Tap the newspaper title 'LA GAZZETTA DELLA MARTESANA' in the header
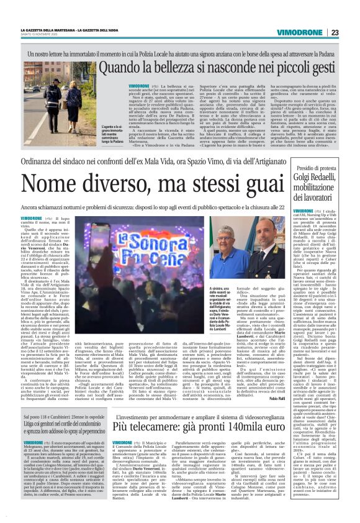click(x=47, y=30)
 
